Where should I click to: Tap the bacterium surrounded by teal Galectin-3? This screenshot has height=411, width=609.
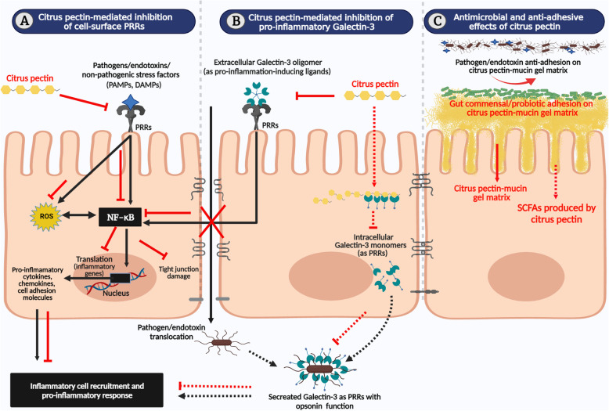point(310,365)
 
